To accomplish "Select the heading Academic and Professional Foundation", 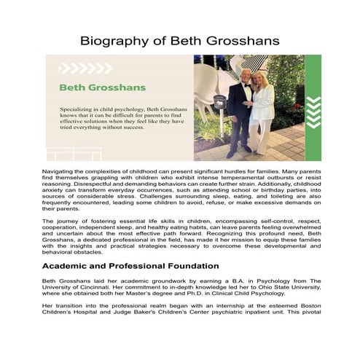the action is (130, 266).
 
